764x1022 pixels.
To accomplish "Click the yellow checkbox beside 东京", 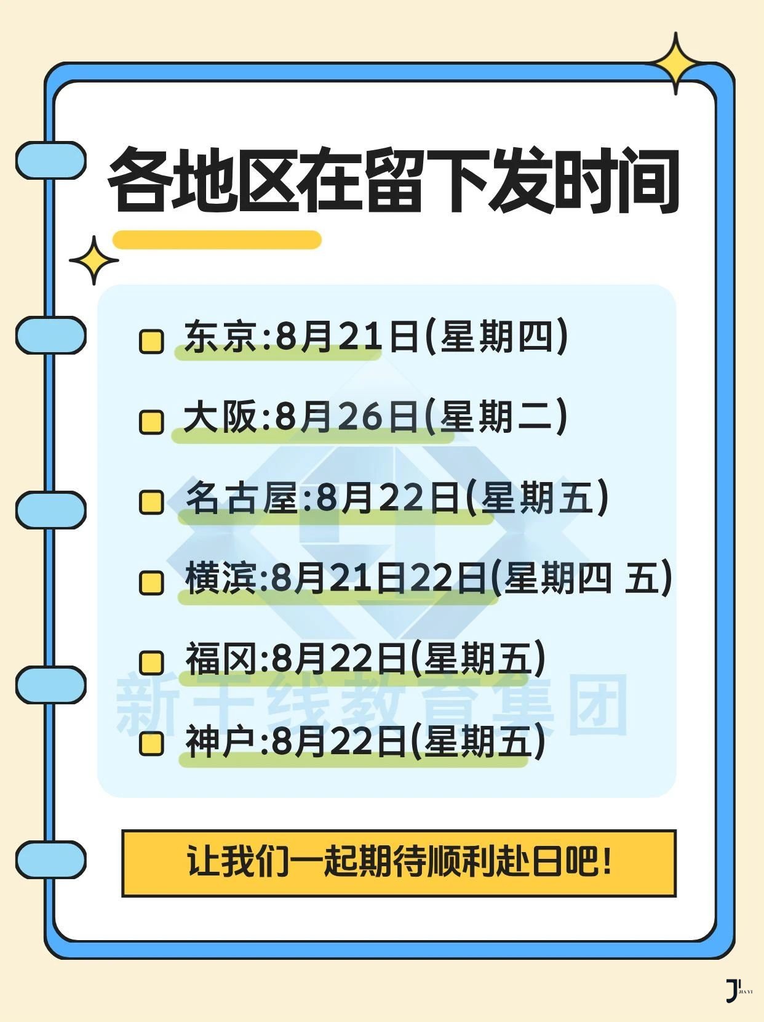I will point(151,341).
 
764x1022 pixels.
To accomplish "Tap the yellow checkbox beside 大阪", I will point(151,422).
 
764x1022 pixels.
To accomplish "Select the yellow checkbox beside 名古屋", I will point(151,502).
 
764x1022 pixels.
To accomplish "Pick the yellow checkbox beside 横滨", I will point(151,582).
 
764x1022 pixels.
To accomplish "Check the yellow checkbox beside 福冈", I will point(151,662).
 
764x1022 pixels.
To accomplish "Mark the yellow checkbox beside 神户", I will point(151,743).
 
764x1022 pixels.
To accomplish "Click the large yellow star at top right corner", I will point(676,63).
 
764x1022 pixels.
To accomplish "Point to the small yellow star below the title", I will point(94,260).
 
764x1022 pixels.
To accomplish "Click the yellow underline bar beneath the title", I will point(217,239).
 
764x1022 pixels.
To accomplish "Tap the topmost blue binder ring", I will point(50,160).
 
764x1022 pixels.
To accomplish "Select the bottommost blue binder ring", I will point(50,859).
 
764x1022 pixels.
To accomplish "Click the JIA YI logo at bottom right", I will point(738,991).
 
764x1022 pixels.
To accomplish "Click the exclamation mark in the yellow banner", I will point(607,861).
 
